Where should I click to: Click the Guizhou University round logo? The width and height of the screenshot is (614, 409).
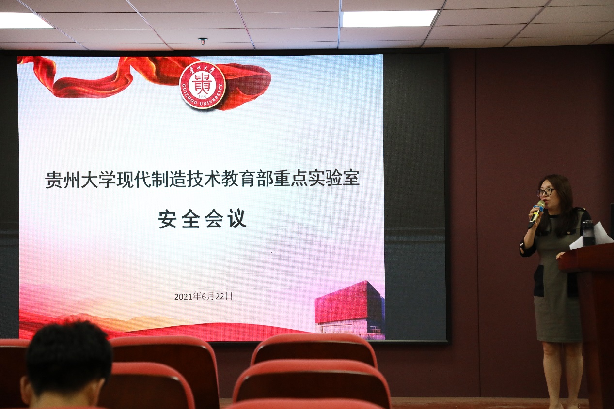click(x=203, y=85)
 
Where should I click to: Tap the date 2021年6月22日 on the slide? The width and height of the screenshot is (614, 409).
click(x=204, y=296)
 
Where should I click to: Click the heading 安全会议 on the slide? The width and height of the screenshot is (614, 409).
click(x=203, y=218)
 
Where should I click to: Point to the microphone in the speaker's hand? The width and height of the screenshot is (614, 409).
click(x=536, y=214)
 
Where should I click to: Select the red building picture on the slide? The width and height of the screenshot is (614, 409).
click(x=349, y=310)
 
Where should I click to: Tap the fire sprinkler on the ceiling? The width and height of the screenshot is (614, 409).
click(x=203, y=42)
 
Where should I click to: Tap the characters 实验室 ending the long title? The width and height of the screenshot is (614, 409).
click(x=333, y=179)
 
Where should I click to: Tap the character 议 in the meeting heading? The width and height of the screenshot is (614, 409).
click(x=237, y=218)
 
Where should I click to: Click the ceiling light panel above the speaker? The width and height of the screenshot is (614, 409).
click(x=389, y=18)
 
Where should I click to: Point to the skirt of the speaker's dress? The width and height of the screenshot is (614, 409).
click(x=558, y=318)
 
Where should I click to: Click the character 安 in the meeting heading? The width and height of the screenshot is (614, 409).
click(x=167, y=219)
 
